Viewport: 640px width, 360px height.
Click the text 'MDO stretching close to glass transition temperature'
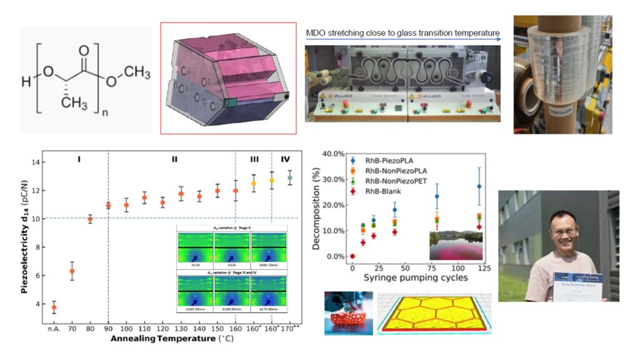(x=403, y=32)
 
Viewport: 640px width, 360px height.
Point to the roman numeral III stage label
(x=254, y=159)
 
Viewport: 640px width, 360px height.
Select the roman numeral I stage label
(x=79, y=159)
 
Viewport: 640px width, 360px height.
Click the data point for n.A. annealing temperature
(x=54, y=307)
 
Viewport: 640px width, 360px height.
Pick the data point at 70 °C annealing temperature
(x=72, y=271)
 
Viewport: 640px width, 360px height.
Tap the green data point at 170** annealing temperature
(x=289, y=177)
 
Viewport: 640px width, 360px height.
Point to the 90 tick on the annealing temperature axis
(x=108, y=327)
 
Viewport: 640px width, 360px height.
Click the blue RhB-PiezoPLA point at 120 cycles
(x=479, y=186)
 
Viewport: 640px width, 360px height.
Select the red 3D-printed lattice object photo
(x=348, y=312)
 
